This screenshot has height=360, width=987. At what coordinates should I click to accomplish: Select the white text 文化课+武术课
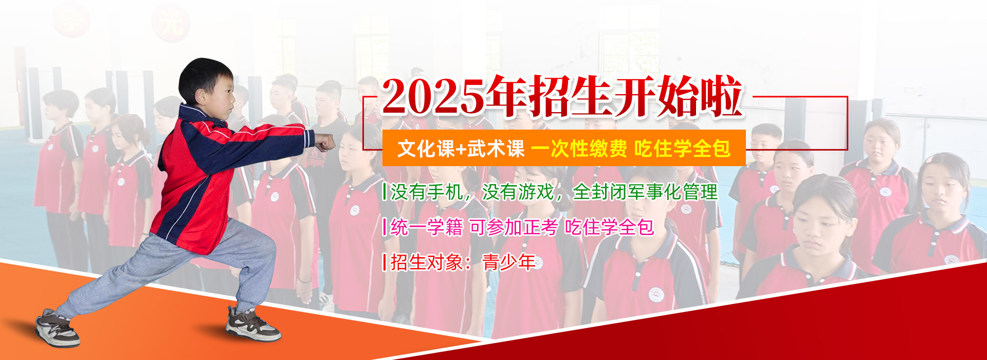click(461, 149)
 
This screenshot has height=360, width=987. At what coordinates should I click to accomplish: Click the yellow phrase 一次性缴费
click(579, 149)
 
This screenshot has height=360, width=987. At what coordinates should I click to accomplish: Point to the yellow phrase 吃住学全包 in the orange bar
click(682, 149)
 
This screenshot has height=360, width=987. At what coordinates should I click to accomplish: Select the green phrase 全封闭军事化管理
click(645, 192)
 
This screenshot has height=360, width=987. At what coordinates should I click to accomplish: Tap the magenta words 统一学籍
click(427, 227)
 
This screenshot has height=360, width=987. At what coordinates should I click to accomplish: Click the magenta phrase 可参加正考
click(514, 227)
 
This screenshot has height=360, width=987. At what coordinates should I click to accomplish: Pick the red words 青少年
click(509, 262)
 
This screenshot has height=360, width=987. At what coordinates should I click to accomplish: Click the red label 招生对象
click(427, 262)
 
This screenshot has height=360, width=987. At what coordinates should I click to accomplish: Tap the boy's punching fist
click(324, 142)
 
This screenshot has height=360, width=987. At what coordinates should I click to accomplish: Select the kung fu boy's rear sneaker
click(57, 329)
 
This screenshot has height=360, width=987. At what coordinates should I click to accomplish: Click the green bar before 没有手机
click(385, 192)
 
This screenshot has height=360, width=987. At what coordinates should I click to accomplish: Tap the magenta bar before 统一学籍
click(385, 227)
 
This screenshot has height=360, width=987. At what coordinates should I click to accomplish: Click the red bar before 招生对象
click(385, 262)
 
